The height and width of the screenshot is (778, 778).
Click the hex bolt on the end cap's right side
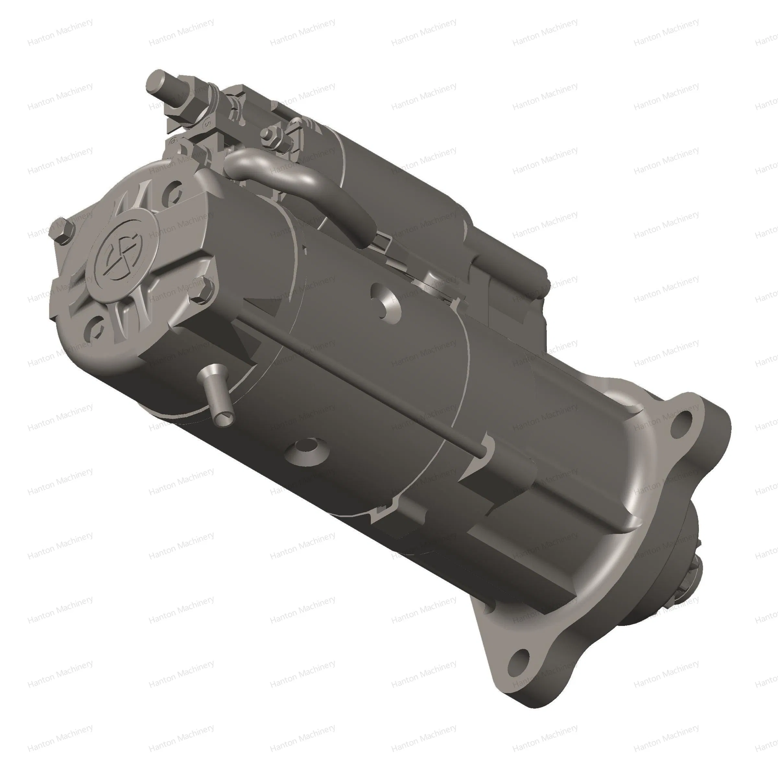[x=201, y=288]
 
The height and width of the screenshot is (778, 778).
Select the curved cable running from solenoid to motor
[x=298, y=181]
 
